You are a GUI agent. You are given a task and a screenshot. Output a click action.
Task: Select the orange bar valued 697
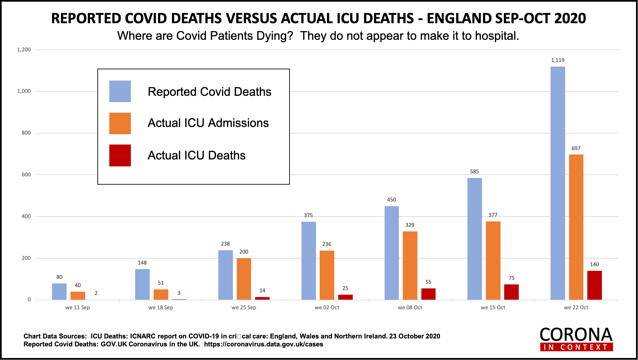(576, 227)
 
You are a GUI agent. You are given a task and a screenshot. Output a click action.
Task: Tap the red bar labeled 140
(595, 285)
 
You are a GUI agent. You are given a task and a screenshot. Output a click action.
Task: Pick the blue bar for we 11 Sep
(59, 291)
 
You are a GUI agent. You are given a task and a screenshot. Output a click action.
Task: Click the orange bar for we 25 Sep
(244, 279)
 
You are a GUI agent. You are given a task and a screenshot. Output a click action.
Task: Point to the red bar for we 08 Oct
(428, 294)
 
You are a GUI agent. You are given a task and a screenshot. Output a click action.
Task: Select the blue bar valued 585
(474, 239)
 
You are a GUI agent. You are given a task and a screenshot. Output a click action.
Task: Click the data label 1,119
(558, 60)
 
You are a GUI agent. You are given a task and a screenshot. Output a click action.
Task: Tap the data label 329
(410, 225)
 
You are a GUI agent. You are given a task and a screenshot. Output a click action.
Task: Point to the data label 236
(327, 244)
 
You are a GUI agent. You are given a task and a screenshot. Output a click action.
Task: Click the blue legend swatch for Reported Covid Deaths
(120, 91)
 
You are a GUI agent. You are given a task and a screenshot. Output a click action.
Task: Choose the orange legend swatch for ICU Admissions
(120, 123)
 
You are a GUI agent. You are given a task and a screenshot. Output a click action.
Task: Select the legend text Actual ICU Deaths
(196, 155)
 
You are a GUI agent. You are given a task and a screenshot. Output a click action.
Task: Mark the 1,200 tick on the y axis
(24, 50)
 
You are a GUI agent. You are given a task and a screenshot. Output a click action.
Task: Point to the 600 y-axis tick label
(26, 175)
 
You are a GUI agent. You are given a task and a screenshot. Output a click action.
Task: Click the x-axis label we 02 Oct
(327, 308)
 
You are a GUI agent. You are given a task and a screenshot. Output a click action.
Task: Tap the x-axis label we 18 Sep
(161, 308)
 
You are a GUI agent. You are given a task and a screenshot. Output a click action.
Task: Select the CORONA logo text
(576, 335)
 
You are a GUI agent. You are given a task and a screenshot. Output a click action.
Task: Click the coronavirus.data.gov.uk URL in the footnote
(263, 344)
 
